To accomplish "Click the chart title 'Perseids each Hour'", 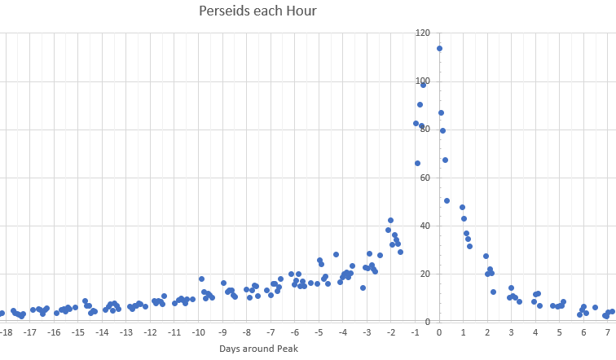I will [257, 11].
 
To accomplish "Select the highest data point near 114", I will [439, 48].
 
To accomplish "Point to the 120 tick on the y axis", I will [422, 33].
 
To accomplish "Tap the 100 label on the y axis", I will [422, 81].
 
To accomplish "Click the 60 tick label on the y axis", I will [422, 178].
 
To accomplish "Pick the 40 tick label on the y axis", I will [422, 226].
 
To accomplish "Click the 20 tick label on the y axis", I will [422, 274].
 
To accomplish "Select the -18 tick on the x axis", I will [7, 332].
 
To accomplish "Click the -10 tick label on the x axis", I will [198, 332].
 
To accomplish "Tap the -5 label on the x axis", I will [319, 332].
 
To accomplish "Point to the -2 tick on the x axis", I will [391, 332].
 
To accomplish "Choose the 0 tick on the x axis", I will [439, 332].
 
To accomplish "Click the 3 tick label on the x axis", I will [512, 332].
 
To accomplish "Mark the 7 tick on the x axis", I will [608, 332].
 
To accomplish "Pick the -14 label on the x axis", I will [102, 332].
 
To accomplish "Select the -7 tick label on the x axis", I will [271, 332].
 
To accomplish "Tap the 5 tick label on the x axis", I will [560, 332].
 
